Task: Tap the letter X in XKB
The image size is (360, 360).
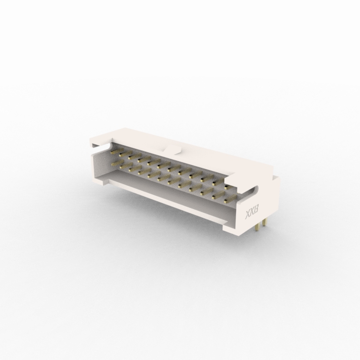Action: pos(249,216)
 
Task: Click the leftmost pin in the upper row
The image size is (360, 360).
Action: pos(115,152)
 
